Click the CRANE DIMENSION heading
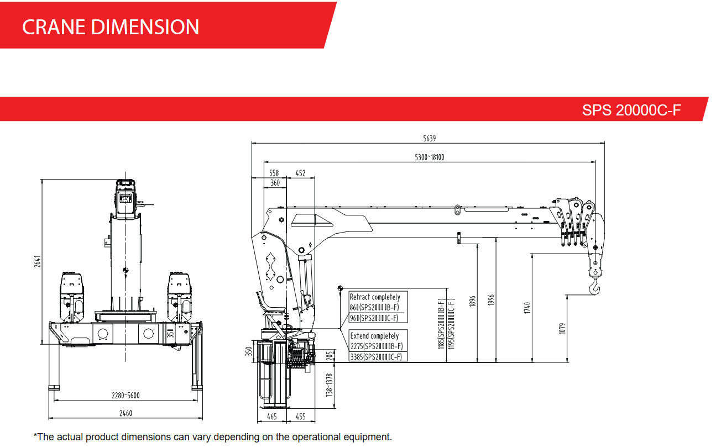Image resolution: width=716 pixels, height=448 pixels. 111,27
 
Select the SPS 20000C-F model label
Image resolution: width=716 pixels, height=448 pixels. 631,110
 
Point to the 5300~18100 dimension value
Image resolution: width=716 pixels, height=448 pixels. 430,157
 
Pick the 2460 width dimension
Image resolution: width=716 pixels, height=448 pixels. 126,413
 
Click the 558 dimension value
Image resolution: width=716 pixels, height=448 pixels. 274,173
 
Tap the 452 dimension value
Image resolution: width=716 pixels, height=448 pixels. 300,173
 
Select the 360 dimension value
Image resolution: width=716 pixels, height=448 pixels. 275,183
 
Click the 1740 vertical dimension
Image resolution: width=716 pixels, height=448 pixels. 527,308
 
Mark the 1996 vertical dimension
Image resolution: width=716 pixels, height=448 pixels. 491,300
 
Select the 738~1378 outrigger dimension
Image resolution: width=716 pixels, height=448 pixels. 330,384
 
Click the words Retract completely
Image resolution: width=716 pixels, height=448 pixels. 374,297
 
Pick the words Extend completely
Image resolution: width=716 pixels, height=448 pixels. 374,336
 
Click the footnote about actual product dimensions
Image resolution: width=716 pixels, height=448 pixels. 212,437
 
